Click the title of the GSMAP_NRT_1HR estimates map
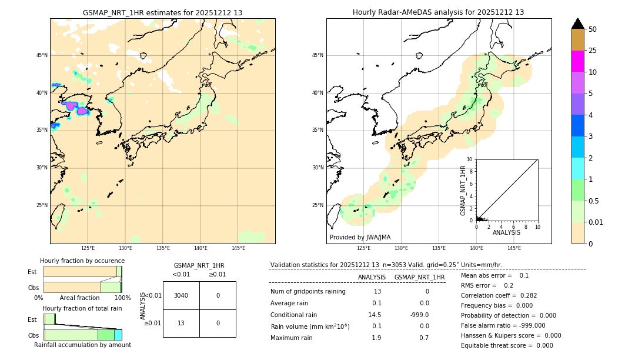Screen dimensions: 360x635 [162, 12]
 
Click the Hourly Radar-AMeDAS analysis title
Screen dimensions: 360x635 [438, 12]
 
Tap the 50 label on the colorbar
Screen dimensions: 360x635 [593, 29]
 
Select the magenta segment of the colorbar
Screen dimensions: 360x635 [577, 61]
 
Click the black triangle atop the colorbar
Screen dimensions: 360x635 [577, 24]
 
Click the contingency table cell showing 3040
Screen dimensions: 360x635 [181, 295]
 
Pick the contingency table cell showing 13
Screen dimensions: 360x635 [181, 323]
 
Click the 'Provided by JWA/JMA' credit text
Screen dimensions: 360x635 [360, 237]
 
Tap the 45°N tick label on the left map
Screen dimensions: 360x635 [42, 55]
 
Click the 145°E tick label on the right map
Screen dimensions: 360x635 [514, 248]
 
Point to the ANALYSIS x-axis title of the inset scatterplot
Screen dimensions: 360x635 [506, 232]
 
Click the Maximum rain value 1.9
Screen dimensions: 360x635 [376, 338]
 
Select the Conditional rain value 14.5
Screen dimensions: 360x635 [375, 315]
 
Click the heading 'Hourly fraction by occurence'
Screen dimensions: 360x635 [82, 261]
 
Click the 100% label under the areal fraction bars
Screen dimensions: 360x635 [122, 298]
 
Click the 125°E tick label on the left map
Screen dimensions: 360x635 [88, 248]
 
